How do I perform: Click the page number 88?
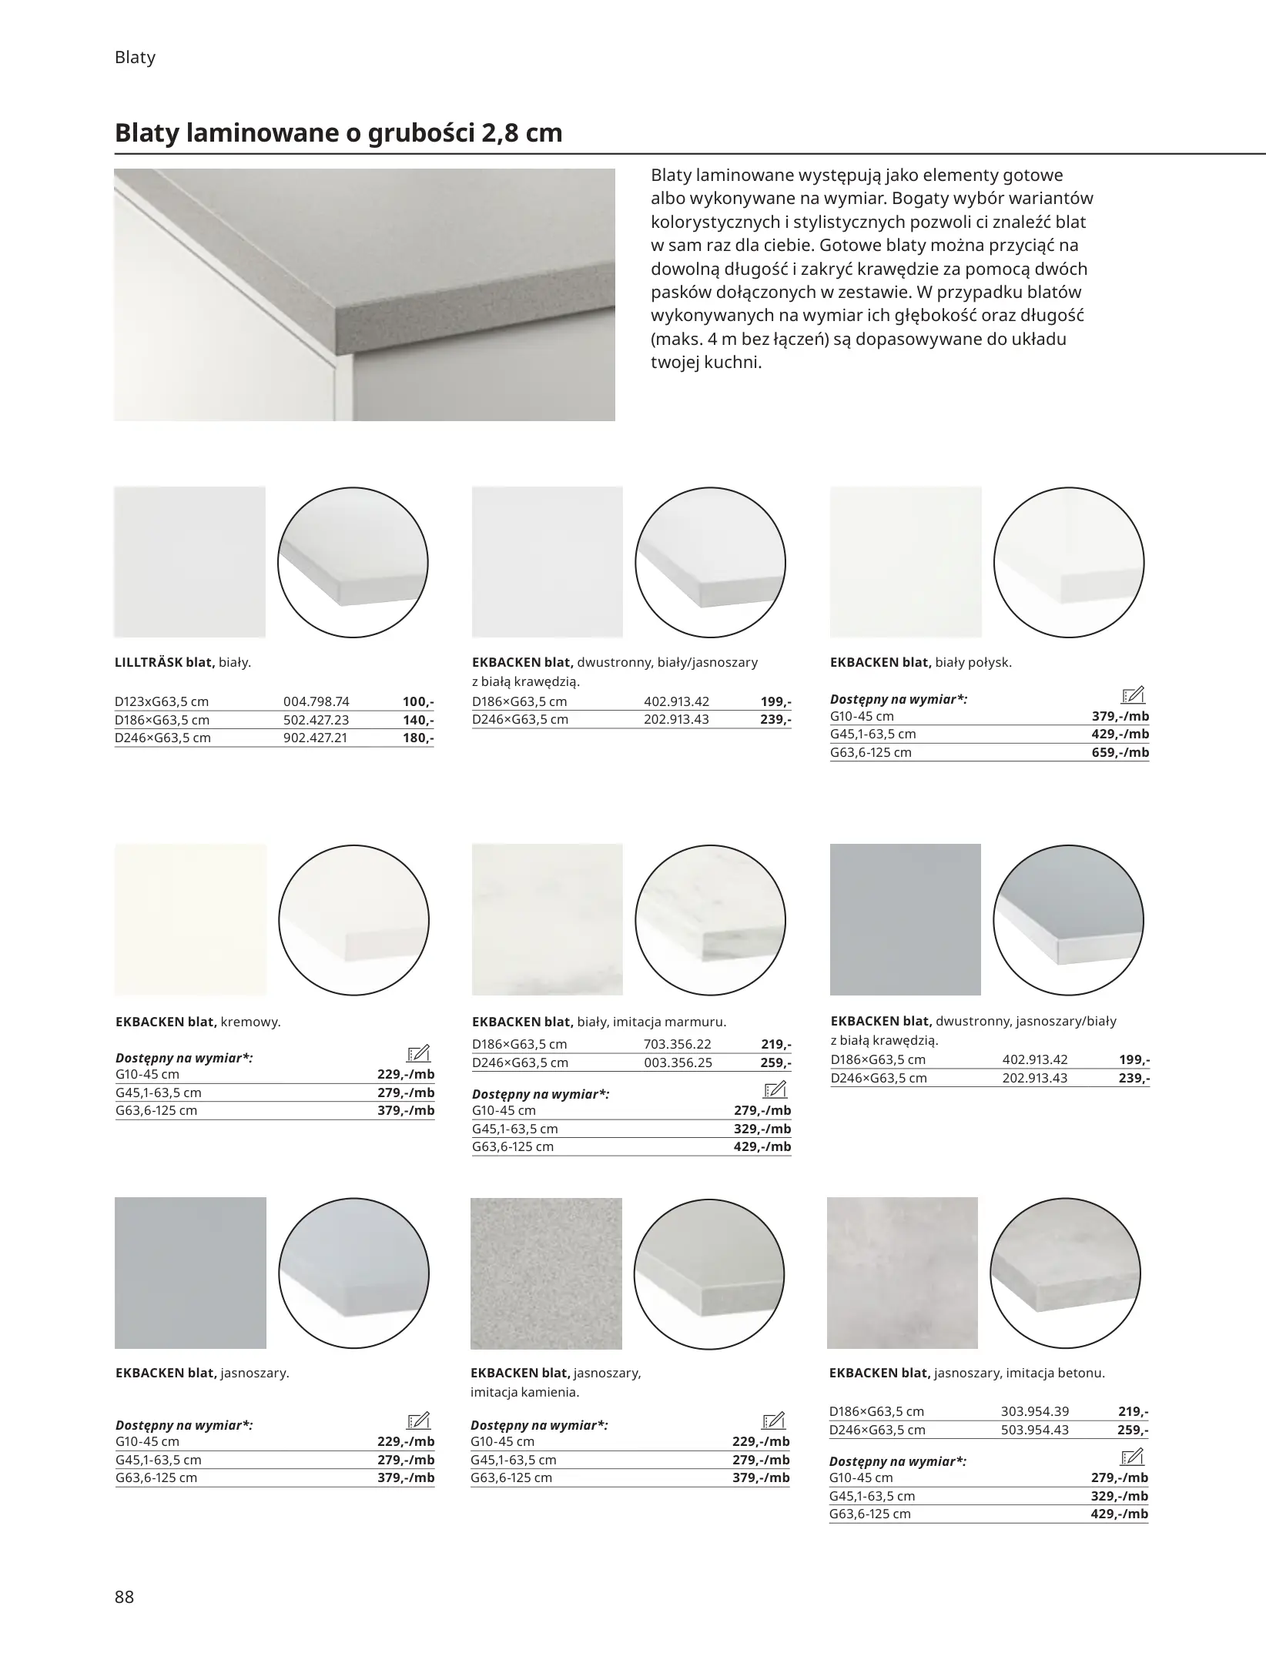point(124,1597)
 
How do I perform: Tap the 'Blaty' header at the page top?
point(135,58)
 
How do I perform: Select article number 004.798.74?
point(316,701)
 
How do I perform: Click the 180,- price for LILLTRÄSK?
point(418,738)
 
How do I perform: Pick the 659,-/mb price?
point(1120,752)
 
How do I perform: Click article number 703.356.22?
point(677,1044)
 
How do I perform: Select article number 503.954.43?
point(1034,1430)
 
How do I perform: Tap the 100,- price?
point(418,701)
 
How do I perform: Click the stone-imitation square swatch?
point(545,1273)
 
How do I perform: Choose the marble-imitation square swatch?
point(547,919)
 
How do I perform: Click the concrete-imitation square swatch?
point(902,1273)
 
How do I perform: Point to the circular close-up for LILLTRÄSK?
point(353,562)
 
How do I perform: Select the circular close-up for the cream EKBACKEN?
point(353,921)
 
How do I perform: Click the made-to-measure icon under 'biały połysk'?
point(1134,695)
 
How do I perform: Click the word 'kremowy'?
point(250,1022)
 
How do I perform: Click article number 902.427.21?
point(316,738)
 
